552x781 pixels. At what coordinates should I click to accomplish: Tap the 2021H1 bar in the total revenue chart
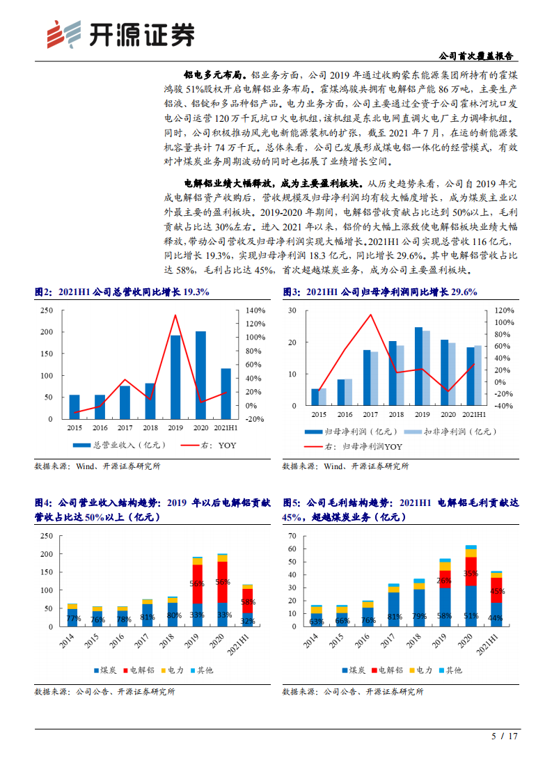click(226, 393)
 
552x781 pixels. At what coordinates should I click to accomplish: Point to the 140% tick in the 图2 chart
click(255, 310)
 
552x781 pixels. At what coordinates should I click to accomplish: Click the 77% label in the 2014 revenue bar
click(73, 618)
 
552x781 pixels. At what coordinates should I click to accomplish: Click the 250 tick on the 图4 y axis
click(47, 536)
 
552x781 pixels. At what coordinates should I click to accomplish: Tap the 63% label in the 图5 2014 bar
click(317, 622)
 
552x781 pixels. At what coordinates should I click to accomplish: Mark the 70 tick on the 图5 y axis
click(292, 537)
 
